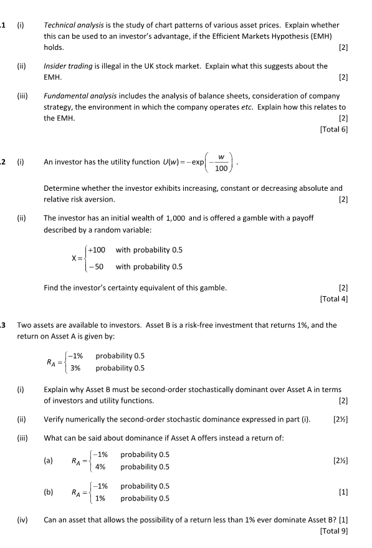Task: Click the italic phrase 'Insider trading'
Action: click(67, 65)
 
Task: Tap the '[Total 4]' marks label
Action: click(333, 298)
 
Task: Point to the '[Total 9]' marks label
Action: click(333, 531)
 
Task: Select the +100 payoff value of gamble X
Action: click(97, 250)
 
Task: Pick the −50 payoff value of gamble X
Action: click(98, 266)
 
